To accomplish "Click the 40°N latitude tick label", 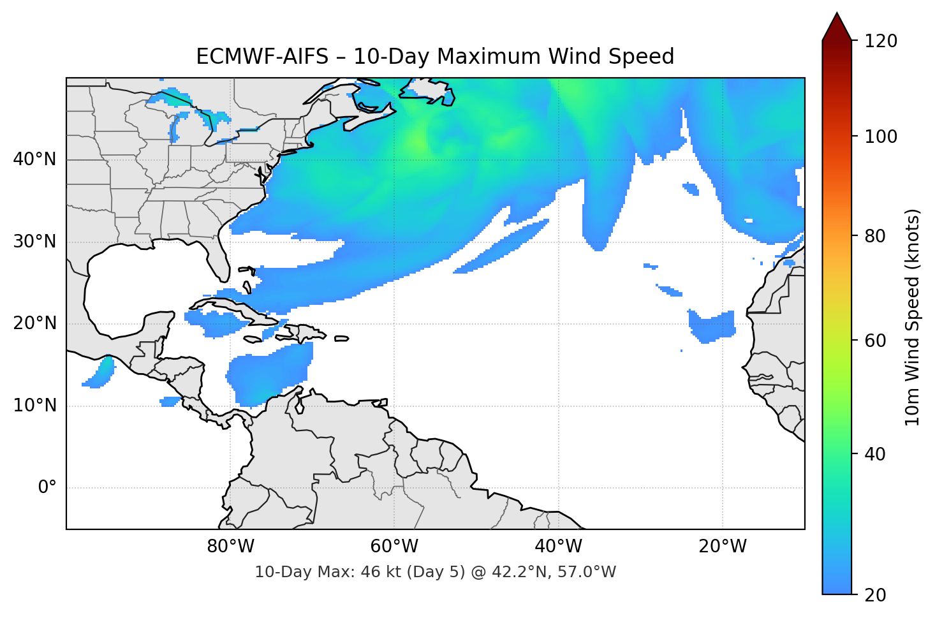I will pyautogui.click(x=34, y=159).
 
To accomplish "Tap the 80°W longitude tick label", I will pyautogui.click(x=230, y=547).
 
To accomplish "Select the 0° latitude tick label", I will pyautogui.click(x=47, y=488).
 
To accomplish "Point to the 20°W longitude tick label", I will pyautogui.click(x=723, y=547).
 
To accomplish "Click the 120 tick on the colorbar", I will pyautogui.click(x=881, y=41).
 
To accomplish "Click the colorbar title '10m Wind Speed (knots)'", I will pyautogui.click(x=913, y=317).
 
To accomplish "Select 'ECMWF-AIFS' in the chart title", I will pyautogui.click(x=261, y=57).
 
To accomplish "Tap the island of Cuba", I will pyautogui.click(x=236, y=309).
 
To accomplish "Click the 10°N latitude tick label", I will pyautogui.click(x=34, y=406).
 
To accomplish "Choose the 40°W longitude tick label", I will pyautogui.click(x=559, y=547).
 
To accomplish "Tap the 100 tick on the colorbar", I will pyautogui.click(x=881, y=136).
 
